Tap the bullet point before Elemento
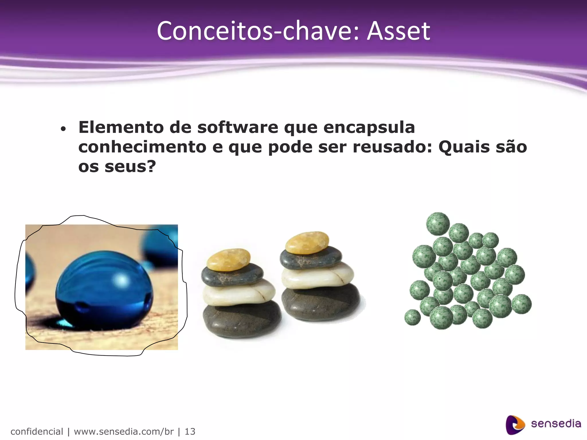pos(63,129)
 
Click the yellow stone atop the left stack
pos(229,260)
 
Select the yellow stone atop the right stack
pos(307,243)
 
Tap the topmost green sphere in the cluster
pos(438,224)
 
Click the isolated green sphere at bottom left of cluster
pos(412,317)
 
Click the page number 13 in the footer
pos(190,431)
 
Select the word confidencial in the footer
pos(37,431)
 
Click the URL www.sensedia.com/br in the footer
pos(124,431)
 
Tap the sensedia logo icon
pos(515,425)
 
